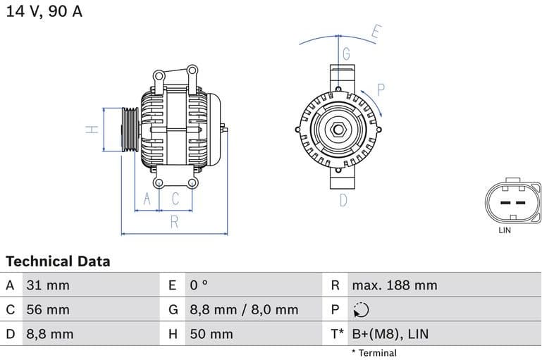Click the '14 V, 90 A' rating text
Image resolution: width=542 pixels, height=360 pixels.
(x=44, y=12)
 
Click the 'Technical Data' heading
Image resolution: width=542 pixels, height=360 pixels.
(x=58, y=261)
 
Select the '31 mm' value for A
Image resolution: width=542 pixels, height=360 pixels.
(x=48, y=285)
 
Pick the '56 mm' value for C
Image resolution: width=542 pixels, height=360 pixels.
(x=48, y=309)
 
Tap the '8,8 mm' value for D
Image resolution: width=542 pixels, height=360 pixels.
(x=49, y=334)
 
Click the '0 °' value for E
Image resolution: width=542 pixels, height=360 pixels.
(x=199, y=285)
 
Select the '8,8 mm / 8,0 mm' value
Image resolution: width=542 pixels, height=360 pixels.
(x=244, y=309)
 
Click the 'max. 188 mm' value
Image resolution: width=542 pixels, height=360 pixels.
(x=395, y=285)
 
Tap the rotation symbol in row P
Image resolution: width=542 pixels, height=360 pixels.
(x=360, y=310)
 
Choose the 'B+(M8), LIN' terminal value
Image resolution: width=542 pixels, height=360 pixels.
(x=390, y=334)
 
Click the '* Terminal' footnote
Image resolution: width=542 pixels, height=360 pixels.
(x=374, y=353)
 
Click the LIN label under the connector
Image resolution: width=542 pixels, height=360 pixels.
(x=505, y=230)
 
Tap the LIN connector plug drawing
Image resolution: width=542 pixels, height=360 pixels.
(x=511, y=202)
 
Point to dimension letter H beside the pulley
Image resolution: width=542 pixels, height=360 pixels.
(x=91, y=130)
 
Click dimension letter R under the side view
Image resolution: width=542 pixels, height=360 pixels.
(x=174, y=223)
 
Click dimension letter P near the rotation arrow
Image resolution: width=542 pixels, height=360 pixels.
(x=381, y=89)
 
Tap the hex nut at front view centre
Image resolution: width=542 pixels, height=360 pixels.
(x=338, y=130)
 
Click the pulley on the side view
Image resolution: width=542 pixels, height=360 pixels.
(x=130, y=130)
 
